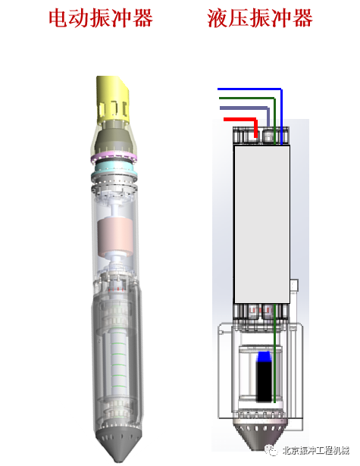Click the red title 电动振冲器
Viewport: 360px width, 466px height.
click(101, 18)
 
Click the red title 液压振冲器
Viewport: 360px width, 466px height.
click(260, 18)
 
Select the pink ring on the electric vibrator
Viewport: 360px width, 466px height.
click(114, 157)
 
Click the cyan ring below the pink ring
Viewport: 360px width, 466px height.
click(114, 168)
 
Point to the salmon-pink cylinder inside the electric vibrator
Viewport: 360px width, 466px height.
click(114, 238)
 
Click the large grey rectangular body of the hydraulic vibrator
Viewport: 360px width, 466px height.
click(262, 224)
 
